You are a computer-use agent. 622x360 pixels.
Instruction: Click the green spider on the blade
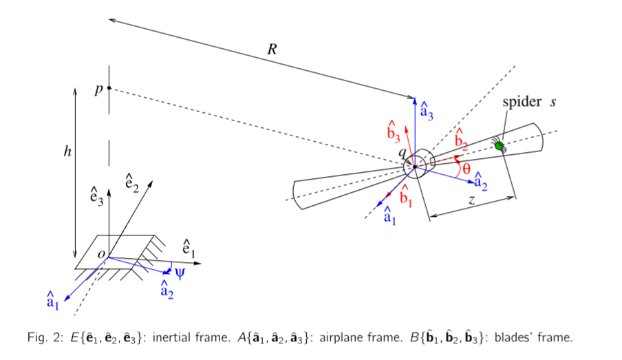pyautogui.click(x=499, y=145)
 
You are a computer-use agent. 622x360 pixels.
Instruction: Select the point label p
pyautogui.click(x=99, y=89)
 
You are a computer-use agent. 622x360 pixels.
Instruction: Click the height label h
pyautogui.click(x=67, y=151)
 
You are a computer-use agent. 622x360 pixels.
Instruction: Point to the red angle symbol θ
pyautogui.click(x=466, y=169)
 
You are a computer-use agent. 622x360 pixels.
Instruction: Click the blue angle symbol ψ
pyautogui.click(x=180, y=273)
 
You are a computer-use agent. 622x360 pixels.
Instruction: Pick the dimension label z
pyautogui.click(x=471, y=200)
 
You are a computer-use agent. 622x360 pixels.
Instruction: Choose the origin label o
pyautogui.click(x=101, y=255)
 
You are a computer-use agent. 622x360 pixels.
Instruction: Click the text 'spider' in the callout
pyautogui.click(x=521, y=102)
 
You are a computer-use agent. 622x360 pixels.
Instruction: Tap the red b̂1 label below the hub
pyautogui.click(x=406, y=196)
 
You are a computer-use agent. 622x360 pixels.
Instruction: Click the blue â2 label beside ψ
pyautogui.click(x=167, y=289)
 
